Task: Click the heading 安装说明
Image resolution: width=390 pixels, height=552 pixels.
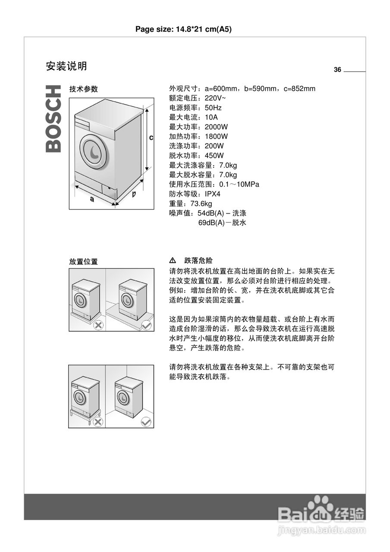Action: [x=66, y=66]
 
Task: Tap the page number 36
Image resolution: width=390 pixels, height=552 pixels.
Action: [x=337, y=70]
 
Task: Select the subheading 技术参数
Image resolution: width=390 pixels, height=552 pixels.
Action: [x=84, y=89]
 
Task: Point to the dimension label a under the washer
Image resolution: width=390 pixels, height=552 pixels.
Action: [x=92, y=199]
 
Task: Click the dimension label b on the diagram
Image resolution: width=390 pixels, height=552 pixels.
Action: [x=134, y=194]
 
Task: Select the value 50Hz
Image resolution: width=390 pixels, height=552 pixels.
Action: [x=213, y=108]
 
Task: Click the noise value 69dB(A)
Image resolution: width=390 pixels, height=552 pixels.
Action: [x=212, y=223]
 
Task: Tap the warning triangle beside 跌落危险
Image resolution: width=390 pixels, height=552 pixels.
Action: [x=173, y=260]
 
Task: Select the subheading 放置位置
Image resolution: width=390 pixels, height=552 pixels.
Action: [x=84, y=262]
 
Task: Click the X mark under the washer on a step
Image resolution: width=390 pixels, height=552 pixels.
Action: [x=98, y=326]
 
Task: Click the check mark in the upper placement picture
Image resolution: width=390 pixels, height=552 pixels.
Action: [x=146, y=326]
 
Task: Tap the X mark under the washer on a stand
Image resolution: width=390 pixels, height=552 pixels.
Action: [x=98, y=422]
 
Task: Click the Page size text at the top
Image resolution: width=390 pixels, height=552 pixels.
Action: [x=184, y=29]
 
